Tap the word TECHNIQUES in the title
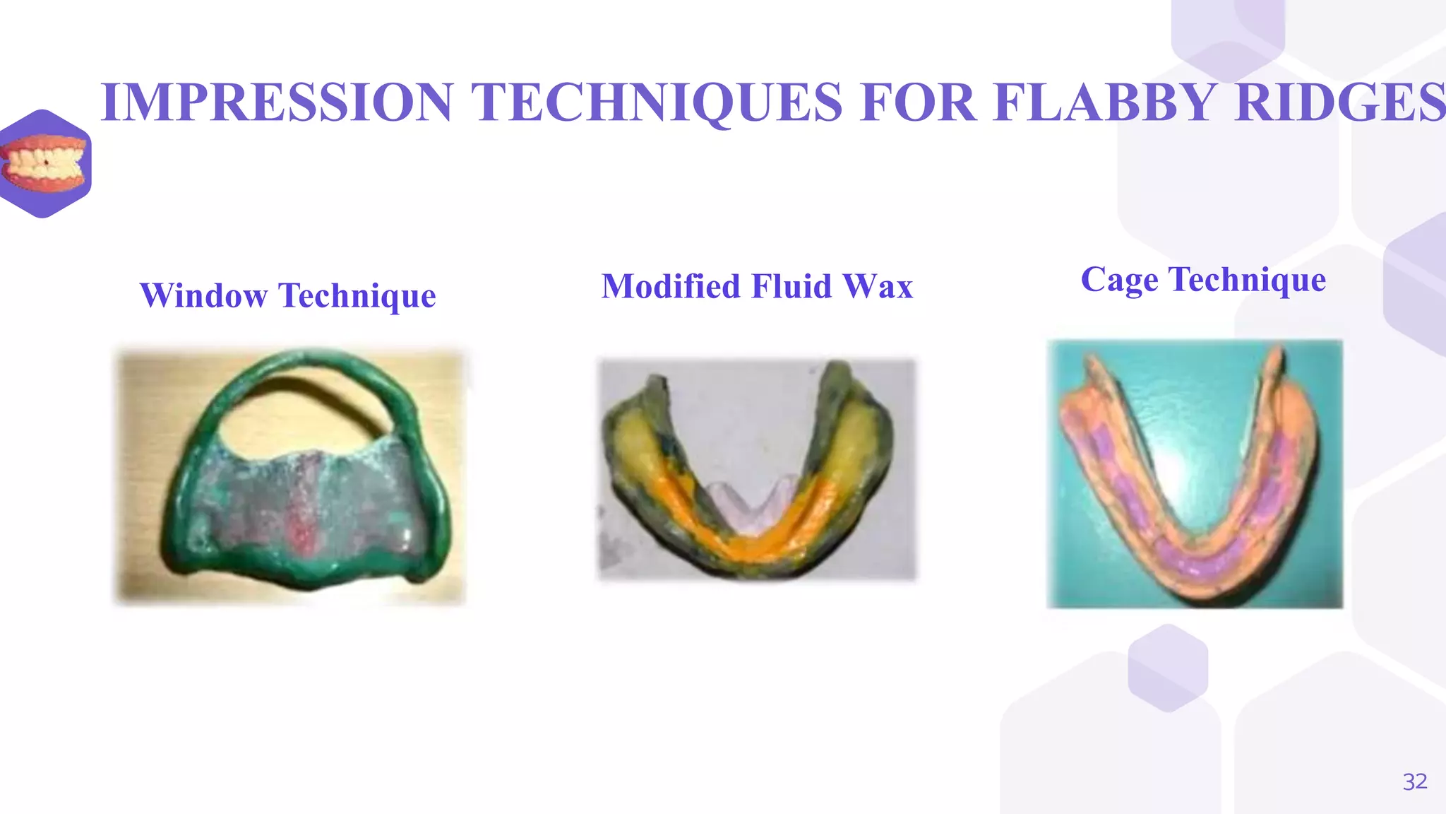pos(657,102)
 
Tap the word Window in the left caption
pos(203,295)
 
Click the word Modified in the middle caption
pos(671,287)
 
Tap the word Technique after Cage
pos(1248,280)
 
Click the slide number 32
pos(1414,781)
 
